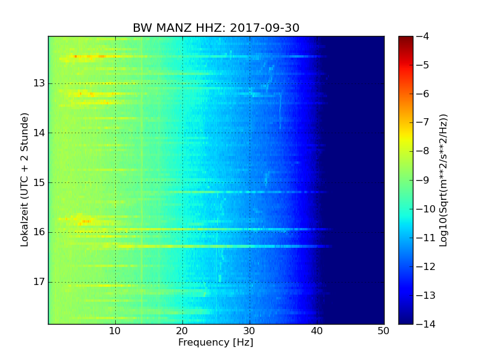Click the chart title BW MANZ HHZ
pos(179,28)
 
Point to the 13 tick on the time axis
pos(39,83)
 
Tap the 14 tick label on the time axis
pos(39,133)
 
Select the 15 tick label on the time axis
pos(39,182)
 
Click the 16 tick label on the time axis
pos(39,232)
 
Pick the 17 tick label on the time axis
pos(39,281)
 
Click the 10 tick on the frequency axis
pos(115,331)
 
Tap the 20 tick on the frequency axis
pos(182,331)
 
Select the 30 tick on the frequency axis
pos(250,331)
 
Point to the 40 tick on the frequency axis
pos(317,331)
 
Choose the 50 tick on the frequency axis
pos(384,331)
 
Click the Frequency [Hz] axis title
pos(215,343)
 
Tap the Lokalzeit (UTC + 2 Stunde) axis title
pos(25,180)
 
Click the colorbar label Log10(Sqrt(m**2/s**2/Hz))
pos(444,180)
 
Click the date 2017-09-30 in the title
pos(265,28)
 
